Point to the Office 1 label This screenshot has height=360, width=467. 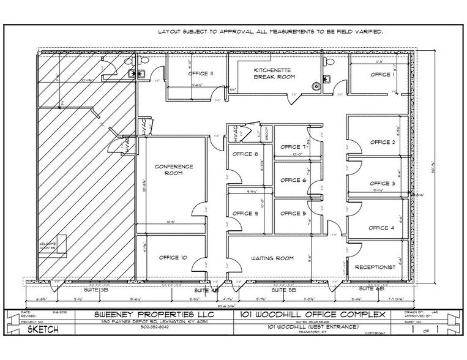[382, 75]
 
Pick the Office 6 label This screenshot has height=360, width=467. [293, 181]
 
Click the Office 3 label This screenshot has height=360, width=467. [382, 183]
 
